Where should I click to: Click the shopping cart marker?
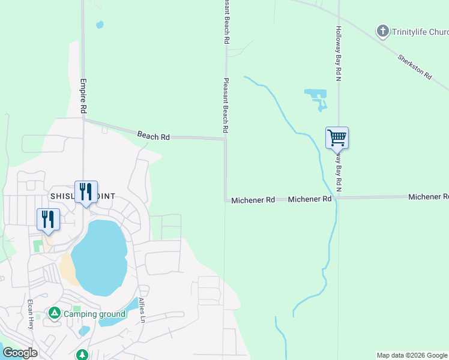coord(337,138)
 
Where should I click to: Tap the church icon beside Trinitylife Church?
coord(382,31)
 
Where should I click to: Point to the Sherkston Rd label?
coord(415,67)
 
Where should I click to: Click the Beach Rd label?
coord(153,136)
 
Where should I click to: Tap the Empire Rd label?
coord(83,95)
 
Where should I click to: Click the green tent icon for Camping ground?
coord(55,313)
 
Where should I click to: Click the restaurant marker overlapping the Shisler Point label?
coord(86,192)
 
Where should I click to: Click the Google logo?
coord(20,352)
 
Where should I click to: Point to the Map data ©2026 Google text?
coord(412,355)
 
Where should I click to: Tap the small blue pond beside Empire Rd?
coord(100,25)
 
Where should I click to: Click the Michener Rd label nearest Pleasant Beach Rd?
coord(253,200)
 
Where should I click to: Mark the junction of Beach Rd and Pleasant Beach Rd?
coord(225,139)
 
